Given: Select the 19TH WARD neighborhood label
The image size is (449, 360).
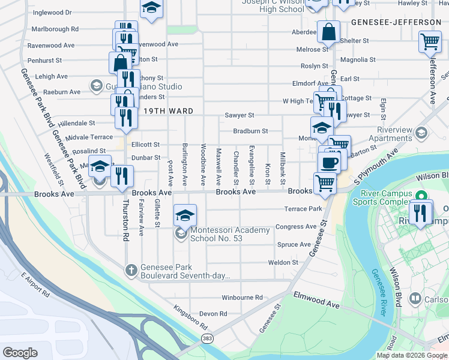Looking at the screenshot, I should [x=161, y=111].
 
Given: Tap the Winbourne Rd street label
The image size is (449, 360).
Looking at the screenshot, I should [x=242, y=297].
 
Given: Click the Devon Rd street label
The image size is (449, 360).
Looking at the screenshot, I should [x=213, y=314].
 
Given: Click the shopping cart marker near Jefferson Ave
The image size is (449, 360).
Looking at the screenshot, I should [x=430, y=41].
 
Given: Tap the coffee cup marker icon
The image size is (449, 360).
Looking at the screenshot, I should [x=329, y=161].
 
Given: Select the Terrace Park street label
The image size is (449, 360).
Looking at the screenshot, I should [x=303, y=209].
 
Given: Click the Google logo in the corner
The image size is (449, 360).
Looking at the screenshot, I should [x=20, y=353].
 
